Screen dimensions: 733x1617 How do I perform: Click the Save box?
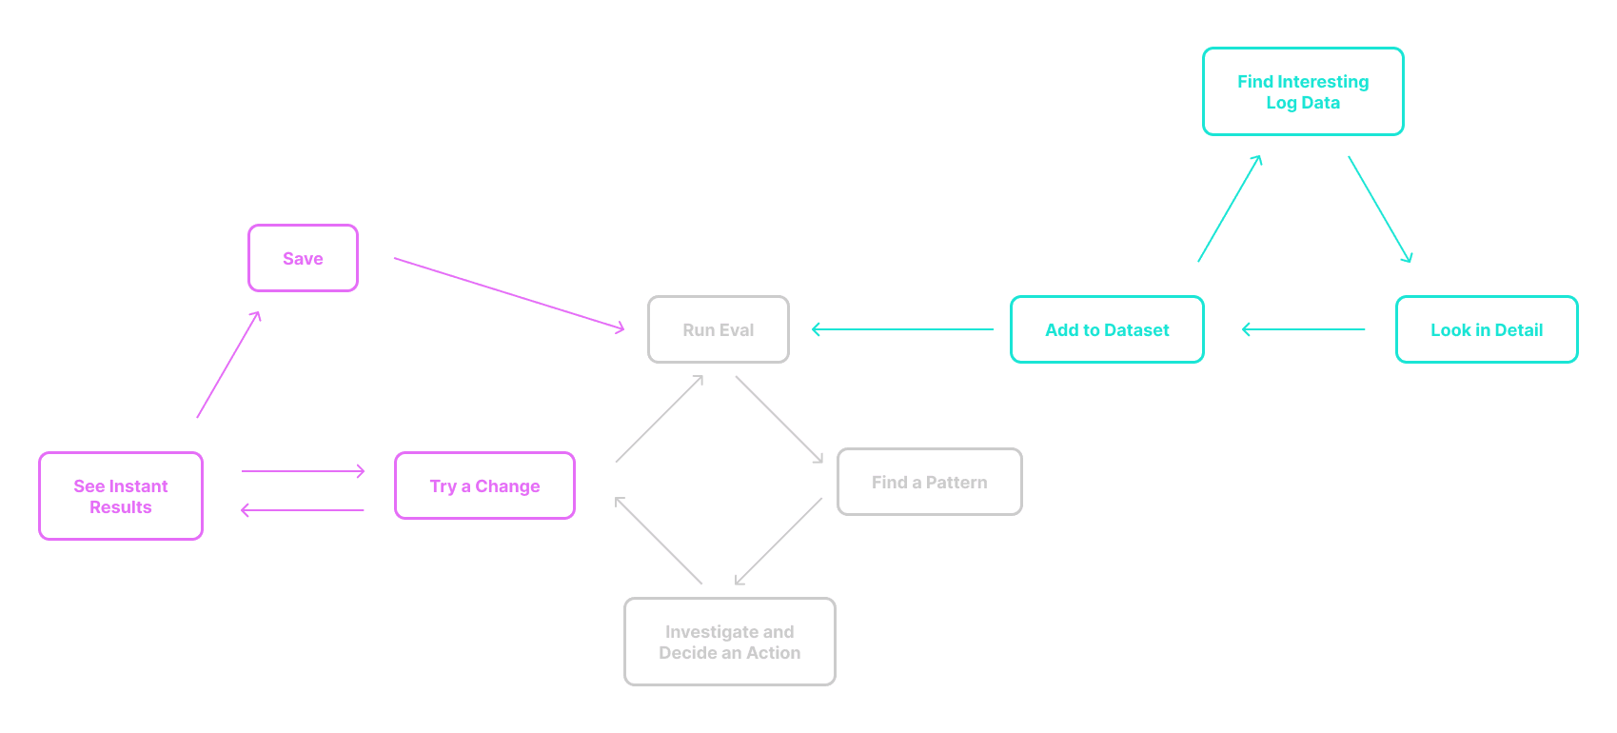303,258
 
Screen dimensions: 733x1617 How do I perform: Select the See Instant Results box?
121,496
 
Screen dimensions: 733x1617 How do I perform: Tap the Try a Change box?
484,485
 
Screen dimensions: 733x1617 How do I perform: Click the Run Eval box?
719,329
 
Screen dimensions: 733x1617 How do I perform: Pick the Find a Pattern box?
929,482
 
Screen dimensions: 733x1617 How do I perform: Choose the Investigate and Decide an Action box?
730,642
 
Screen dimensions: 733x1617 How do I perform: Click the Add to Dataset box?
1107,329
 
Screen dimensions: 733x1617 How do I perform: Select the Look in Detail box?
1487,329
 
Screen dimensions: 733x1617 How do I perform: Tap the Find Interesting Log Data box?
1303,91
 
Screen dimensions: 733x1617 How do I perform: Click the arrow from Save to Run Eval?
509,293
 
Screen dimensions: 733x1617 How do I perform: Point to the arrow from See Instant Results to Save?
228,365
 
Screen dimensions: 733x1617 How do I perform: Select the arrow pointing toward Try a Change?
304,471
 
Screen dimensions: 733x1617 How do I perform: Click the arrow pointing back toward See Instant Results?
303,510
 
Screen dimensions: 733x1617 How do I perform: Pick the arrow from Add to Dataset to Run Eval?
902,329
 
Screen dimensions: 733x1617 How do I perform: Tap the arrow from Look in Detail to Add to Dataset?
1304,329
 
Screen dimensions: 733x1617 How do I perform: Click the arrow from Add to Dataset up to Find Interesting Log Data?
1230,208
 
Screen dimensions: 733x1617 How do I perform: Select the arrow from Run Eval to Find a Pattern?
779,419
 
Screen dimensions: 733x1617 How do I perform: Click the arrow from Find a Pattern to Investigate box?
779,541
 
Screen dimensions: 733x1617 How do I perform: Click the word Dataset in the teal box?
1136,329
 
